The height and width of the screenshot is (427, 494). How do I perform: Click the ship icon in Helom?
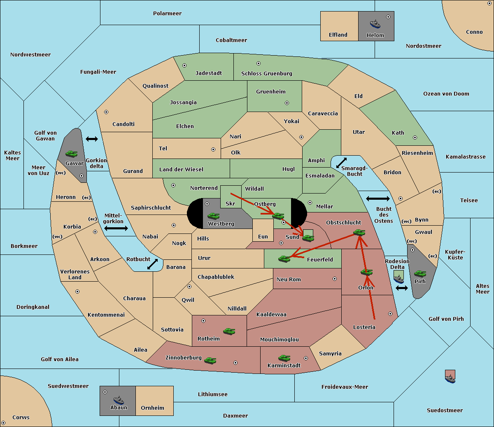point(375,24)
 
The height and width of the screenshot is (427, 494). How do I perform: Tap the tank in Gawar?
point(71,154)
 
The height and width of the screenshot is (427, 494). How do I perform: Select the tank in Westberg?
point(213,216)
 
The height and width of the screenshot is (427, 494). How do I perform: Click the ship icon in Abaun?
point(119,400)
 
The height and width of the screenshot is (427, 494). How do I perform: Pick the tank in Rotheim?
point(229,331)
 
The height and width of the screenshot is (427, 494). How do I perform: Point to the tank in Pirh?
point(420,273)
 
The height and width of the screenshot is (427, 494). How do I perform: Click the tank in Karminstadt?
point(284,358)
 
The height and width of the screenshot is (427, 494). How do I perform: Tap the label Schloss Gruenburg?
point(267,73)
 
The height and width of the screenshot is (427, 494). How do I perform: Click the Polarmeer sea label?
point(167,14)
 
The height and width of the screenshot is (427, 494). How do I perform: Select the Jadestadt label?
point(209,73)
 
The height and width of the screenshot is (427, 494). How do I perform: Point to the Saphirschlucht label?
point(151,208)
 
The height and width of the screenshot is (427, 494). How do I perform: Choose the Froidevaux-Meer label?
point(345,387)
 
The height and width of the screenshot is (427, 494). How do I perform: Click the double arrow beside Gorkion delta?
point(92,139)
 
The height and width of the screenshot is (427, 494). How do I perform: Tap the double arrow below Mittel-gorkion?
point(116,229)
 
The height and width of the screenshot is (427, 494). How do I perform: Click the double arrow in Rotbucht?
point(152,264)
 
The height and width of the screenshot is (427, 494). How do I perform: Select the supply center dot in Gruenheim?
point(287,103)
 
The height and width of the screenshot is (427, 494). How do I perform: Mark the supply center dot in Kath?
point(415,138)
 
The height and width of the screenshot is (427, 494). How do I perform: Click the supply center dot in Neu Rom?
point(335,279)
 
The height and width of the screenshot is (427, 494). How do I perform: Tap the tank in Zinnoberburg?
point(210,360)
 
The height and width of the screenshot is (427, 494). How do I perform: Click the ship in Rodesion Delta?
point(398,279)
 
